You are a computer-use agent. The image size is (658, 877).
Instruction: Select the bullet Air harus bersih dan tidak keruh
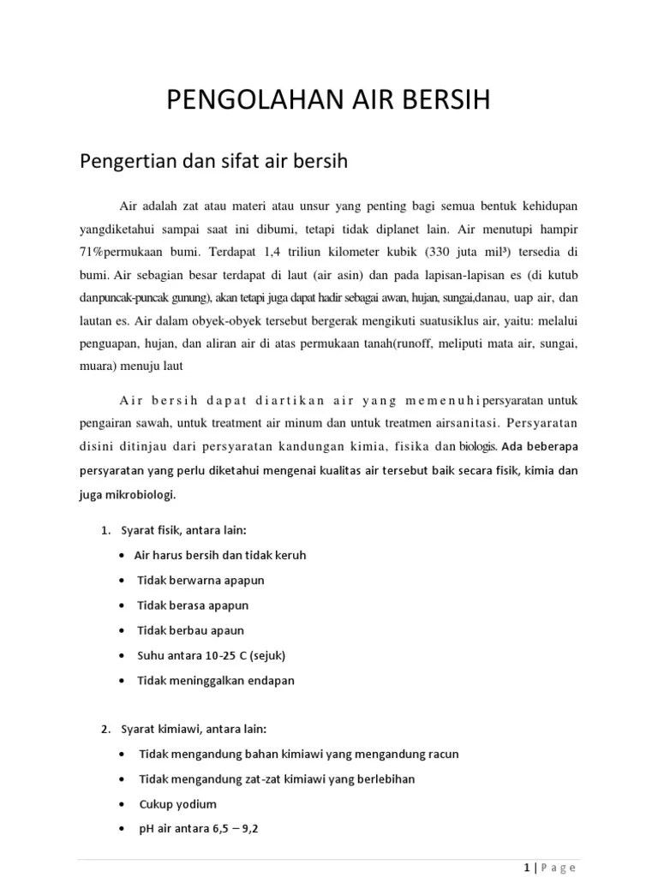[x=220, y=555]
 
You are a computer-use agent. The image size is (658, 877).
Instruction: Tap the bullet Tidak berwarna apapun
[x=200, y=580]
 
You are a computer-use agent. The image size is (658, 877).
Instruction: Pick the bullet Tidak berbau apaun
[x=191, y=630]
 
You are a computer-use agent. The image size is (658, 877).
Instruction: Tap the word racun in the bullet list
[x=442, y=755]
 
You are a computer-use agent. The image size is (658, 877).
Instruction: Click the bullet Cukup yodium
[x=177, y=804]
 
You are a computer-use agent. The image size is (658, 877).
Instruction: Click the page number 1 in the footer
[x=525, y=867]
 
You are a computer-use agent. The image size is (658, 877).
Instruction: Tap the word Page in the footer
[x=559, y=867]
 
